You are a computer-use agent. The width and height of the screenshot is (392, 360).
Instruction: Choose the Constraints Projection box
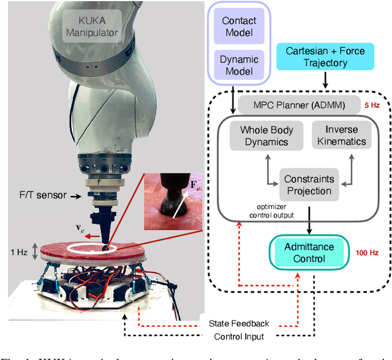pyautogui.click(x=309, y=185)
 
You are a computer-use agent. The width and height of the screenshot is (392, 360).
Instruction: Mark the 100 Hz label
pyautogui.click(x=369, y=252)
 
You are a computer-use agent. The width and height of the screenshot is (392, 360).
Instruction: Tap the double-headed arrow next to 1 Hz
pyautogui.click(x=36, y=252)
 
